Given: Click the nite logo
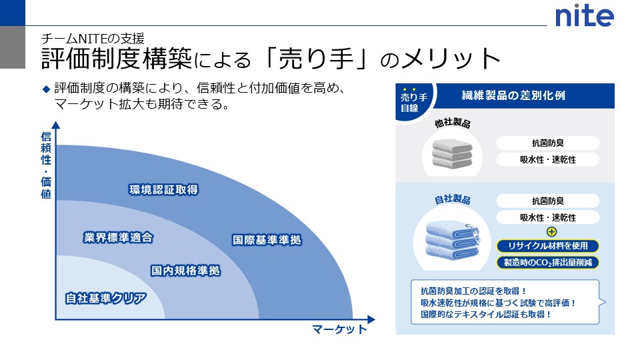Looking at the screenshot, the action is point(585,15).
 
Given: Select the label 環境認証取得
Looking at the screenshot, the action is point(163,190).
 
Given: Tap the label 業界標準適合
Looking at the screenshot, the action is point(119,237).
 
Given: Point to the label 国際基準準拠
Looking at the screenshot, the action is point(267,240).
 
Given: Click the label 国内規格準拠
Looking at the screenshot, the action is point(185,271).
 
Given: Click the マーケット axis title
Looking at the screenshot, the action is point(339,329).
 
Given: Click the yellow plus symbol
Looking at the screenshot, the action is point(551,232).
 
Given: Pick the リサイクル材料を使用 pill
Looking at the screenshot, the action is point(548,247).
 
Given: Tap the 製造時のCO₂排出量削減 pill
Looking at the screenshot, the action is point(548,262).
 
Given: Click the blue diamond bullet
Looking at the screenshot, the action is point(46,88).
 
